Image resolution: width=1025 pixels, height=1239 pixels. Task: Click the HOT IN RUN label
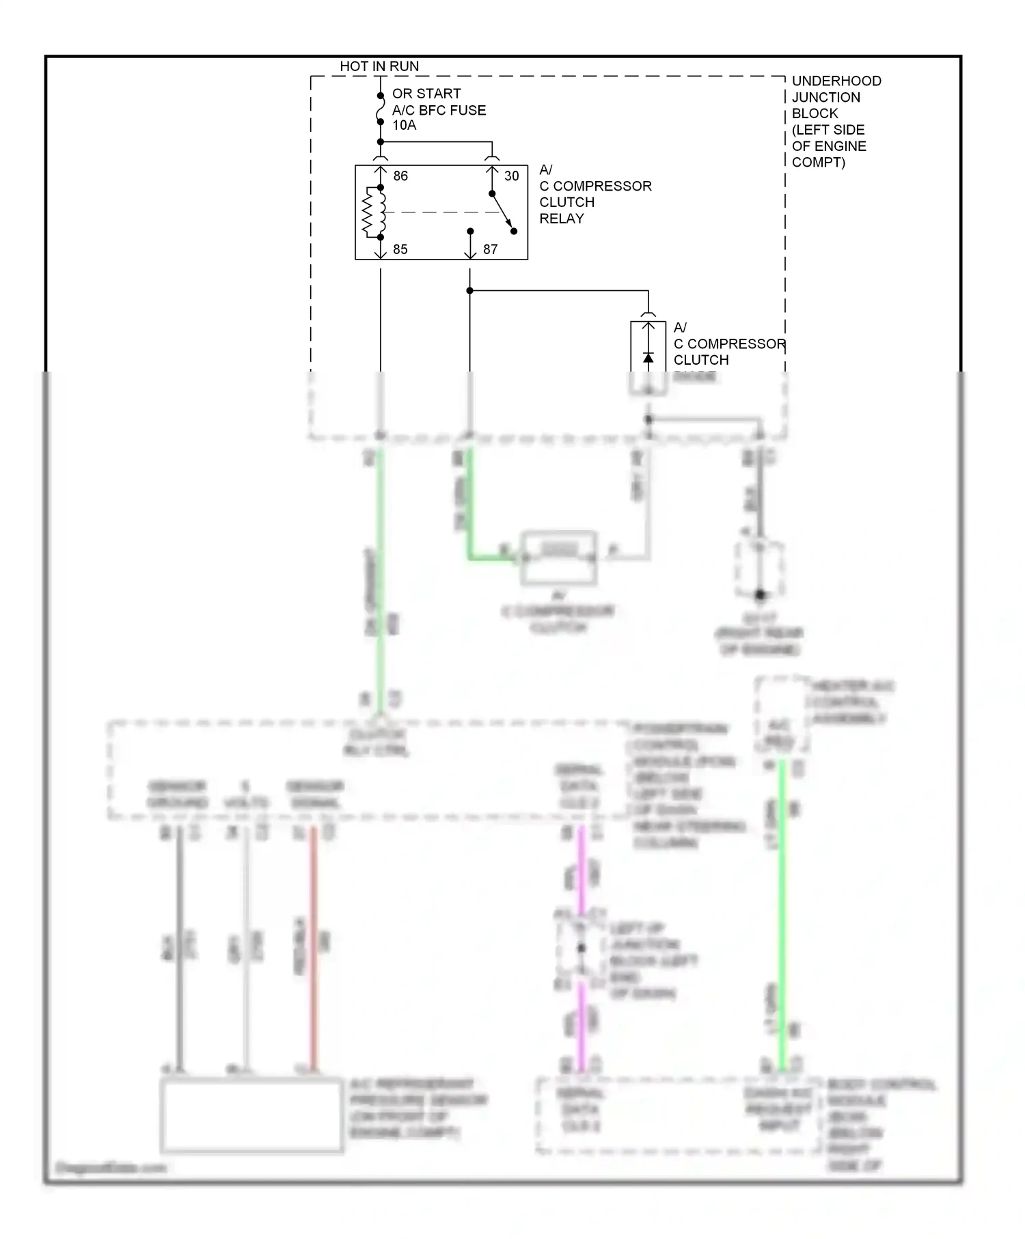(379, 66)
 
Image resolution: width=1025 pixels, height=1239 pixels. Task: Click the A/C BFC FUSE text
(439, 110)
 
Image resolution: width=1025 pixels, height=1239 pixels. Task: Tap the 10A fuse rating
(404, 125)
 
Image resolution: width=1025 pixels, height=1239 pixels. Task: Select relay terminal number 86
(400, 176)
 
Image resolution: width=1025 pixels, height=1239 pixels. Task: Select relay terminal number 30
(512, 176)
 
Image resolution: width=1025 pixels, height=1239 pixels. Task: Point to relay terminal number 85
(400, 249)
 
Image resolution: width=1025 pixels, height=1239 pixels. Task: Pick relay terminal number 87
(490, 249)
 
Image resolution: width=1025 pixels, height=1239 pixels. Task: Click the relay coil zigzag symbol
(370, 212)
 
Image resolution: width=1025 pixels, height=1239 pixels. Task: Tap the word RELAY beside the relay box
(562, 219)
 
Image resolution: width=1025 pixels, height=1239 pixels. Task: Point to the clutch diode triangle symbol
(648, 358)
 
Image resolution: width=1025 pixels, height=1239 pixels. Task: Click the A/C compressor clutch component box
(559, 557)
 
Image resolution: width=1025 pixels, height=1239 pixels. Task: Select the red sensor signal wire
(314, 949)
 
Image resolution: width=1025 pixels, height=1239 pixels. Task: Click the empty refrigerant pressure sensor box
(251, 1115)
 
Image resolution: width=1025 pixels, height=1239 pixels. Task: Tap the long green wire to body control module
(782, 915)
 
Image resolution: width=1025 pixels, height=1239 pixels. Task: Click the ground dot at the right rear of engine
(760, 595)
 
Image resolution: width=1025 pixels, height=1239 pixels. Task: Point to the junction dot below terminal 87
(470, 291)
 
